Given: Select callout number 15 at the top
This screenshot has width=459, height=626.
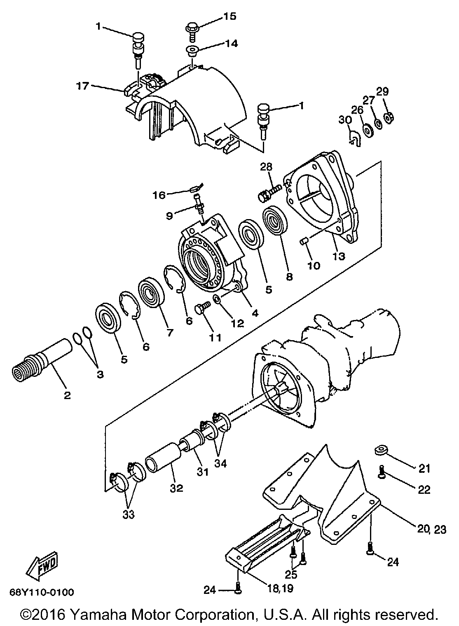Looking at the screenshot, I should (x=230, y=16).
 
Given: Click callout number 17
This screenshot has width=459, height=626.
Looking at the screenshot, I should (x=82, y=86).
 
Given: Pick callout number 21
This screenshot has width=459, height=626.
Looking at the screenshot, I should (x=424, y=468).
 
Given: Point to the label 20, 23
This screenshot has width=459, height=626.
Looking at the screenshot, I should (x=431, y=529).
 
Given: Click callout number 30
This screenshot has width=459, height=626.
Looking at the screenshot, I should (x=345, y=120).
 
